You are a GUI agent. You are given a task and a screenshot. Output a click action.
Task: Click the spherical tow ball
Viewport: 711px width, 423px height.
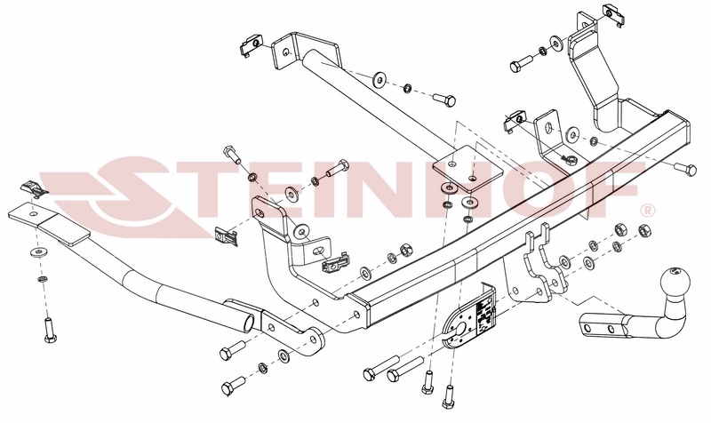(x=675, y=281)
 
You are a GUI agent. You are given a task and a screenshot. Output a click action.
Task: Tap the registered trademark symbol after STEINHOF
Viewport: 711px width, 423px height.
(x=647, y=211)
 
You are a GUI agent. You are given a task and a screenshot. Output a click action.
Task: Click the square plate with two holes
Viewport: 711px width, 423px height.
(x=468, y=170)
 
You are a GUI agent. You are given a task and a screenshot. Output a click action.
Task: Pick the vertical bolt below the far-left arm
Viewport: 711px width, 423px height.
(x=49, y=330)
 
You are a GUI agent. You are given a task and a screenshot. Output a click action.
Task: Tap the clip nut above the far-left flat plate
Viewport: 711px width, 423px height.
(x=34, y=188)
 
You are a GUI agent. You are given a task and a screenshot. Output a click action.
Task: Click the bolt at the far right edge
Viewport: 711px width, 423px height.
(x=685, y=169)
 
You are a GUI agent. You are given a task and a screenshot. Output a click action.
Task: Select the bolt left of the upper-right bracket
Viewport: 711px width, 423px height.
(x=522, y=63)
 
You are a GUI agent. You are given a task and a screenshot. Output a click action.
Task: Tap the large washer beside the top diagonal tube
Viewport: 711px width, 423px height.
(x=379, y=80)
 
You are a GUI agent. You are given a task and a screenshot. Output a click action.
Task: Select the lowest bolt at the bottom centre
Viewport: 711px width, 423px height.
(x=448, y=396)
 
